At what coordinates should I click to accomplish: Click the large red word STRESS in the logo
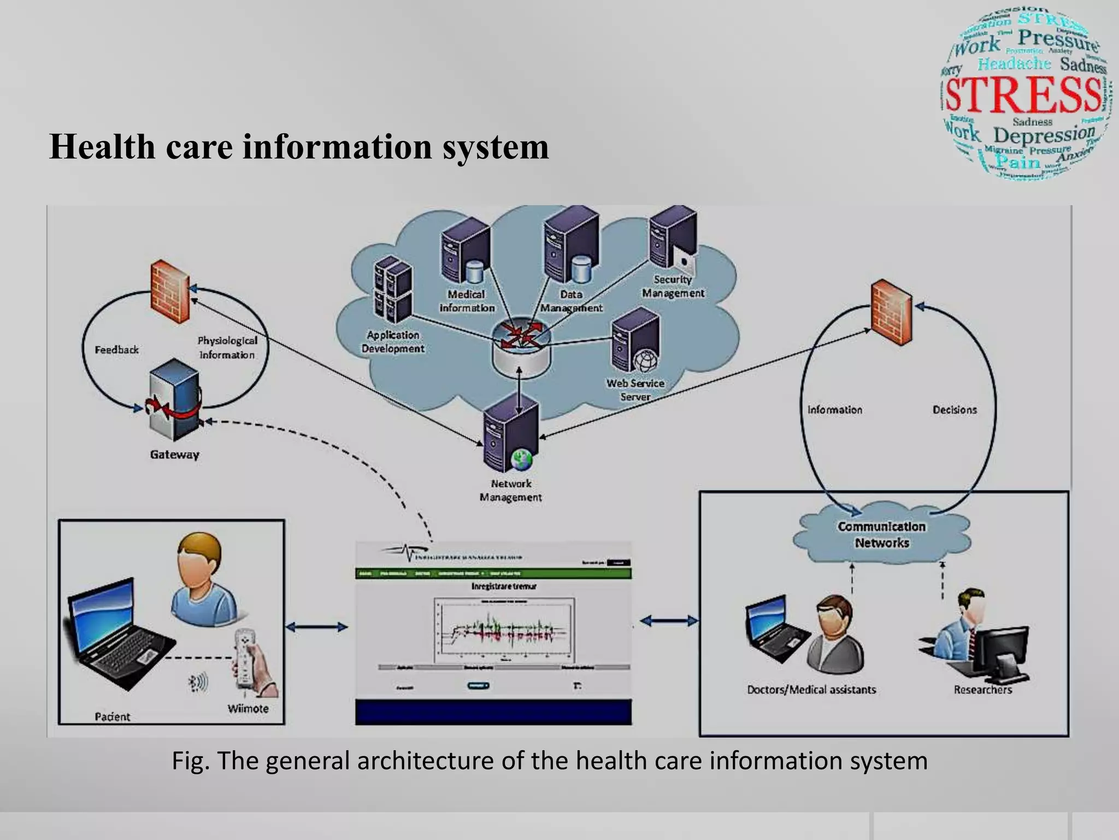pos(1023,94)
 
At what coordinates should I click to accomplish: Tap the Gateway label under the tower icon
pos(174,454)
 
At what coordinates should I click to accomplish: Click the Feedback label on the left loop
pos(116,349)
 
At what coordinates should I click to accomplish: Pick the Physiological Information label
pos(227,347)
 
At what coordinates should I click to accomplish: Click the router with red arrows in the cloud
pos(520,343)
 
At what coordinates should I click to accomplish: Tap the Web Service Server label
pos(635,389)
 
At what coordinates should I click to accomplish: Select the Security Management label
pos(673,286)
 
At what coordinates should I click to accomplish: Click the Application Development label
pos(392,341)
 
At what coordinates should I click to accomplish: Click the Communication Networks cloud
pos(881,534)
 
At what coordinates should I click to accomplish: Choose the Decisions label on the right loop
pos(954,410)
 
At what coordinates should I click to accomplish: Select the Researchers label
pos(982,690)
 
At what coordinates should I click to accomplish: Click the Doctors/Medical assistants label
pos(811,690)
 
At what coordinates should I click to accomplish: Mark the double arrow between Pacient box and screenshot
pos(317,627)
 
